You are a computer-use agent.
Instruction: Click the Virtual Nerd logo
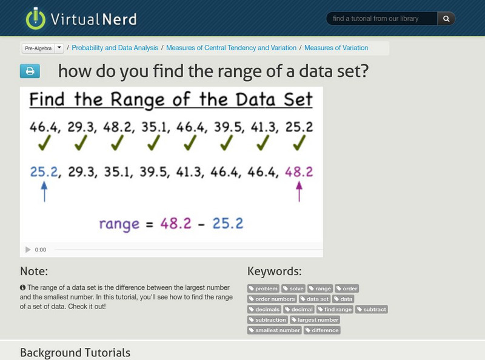pyautogui.click(x=81, y=18)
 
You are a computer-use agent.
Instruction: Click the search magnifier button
pyautogui.click(x=446, y=19)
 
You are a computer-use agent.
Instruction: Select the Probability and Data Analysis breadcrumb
pyautogui.click(x=115, y=48)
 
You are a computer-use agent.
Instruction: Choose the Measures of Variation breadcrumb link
pyautogui.click(x=336, y=48)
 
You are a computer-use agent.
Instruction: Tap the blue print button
pyautogui.click(x=30, y=72)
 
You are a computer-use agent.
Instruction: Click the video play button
pyautogui.click(x=28, y=250)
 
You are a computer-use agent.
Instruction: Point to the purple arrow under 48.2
pyautogui.click(x=298, y=192)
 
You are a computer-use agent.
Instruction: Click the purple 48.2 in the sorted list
pyautogui.click(x=298, y=172)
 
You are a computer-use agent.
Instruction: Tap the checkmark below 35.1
pyautogui.click(x=155, y=143)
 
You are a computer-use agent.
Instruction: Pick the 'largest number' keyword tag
pyautogui.click(x=315, y=320)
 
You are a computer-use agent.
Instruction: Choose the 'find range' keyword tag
pyautogui.click(x=335, y=310)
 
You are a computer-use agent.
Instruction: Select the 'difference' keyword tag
pyautogui.click(x=323, y=330)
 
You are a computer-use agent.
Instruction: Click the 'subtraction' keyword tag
pyautogui.click(x=268, y=320)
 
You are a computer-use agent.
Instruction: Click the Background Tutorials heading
pyautogui.click(x=75, y=352)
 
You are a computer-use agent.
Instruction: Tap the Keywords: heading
pyautogui.click(x=274, y=272)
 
